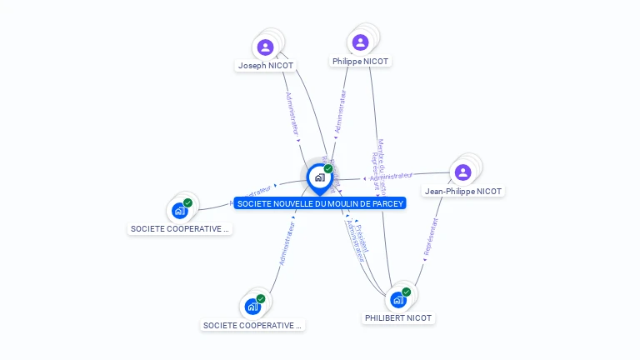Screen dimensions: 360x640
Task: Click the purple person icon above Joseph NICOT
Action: coord(266,47)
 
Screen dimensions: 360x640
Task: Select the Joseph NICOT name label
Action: coord(266,65)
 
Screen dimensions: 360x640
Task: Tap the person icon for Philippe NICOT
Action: coord(360,42)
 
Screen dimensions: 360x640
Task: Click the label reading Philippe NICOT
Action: coord(360,61)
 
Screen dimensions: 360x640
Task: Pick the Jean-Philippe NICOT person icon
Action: coord(463,172)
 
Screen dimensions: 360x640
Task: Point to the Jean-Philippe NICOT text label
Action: coord(463,191)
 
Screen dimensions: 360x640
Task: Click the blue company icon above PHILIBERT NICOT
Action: coord(398,299)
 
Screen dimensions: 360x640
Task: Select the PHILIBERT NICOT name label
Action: coord(399,317)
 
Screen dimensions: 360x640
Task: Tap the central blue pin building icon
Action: coord(319,177)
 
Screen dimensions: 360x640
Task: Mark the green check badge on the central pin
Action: coord(328,168)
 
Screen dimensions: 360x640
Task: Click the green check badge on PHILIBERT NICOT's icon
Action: coord(407,292)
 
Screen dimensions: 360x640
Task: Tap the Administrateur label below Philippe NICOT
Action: coord(340,112)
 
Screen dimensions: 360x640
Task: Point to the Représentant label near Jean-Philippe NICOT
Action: coord(431,236)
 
